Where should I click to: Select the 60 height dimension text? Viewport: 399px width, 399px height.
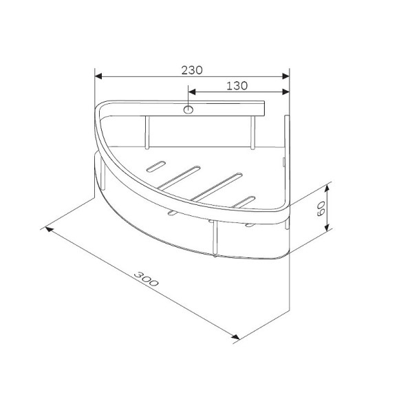[x=319, y=208]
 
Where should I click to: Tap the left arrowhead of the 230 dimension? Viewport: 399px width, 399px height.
[x=98, y=76]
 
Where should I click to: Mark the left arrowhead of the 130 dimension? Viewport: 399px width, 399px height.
[x=193, y=92]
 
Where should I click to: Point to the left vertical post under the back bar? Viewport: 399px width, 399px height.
[x=147, y=133]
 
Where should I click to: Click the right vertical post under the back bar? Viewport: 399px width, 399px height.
[x=253, y=133]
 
